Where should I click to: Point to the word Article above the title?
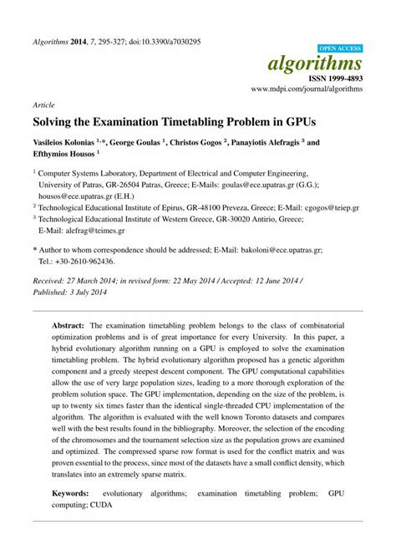coord(43,106)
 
